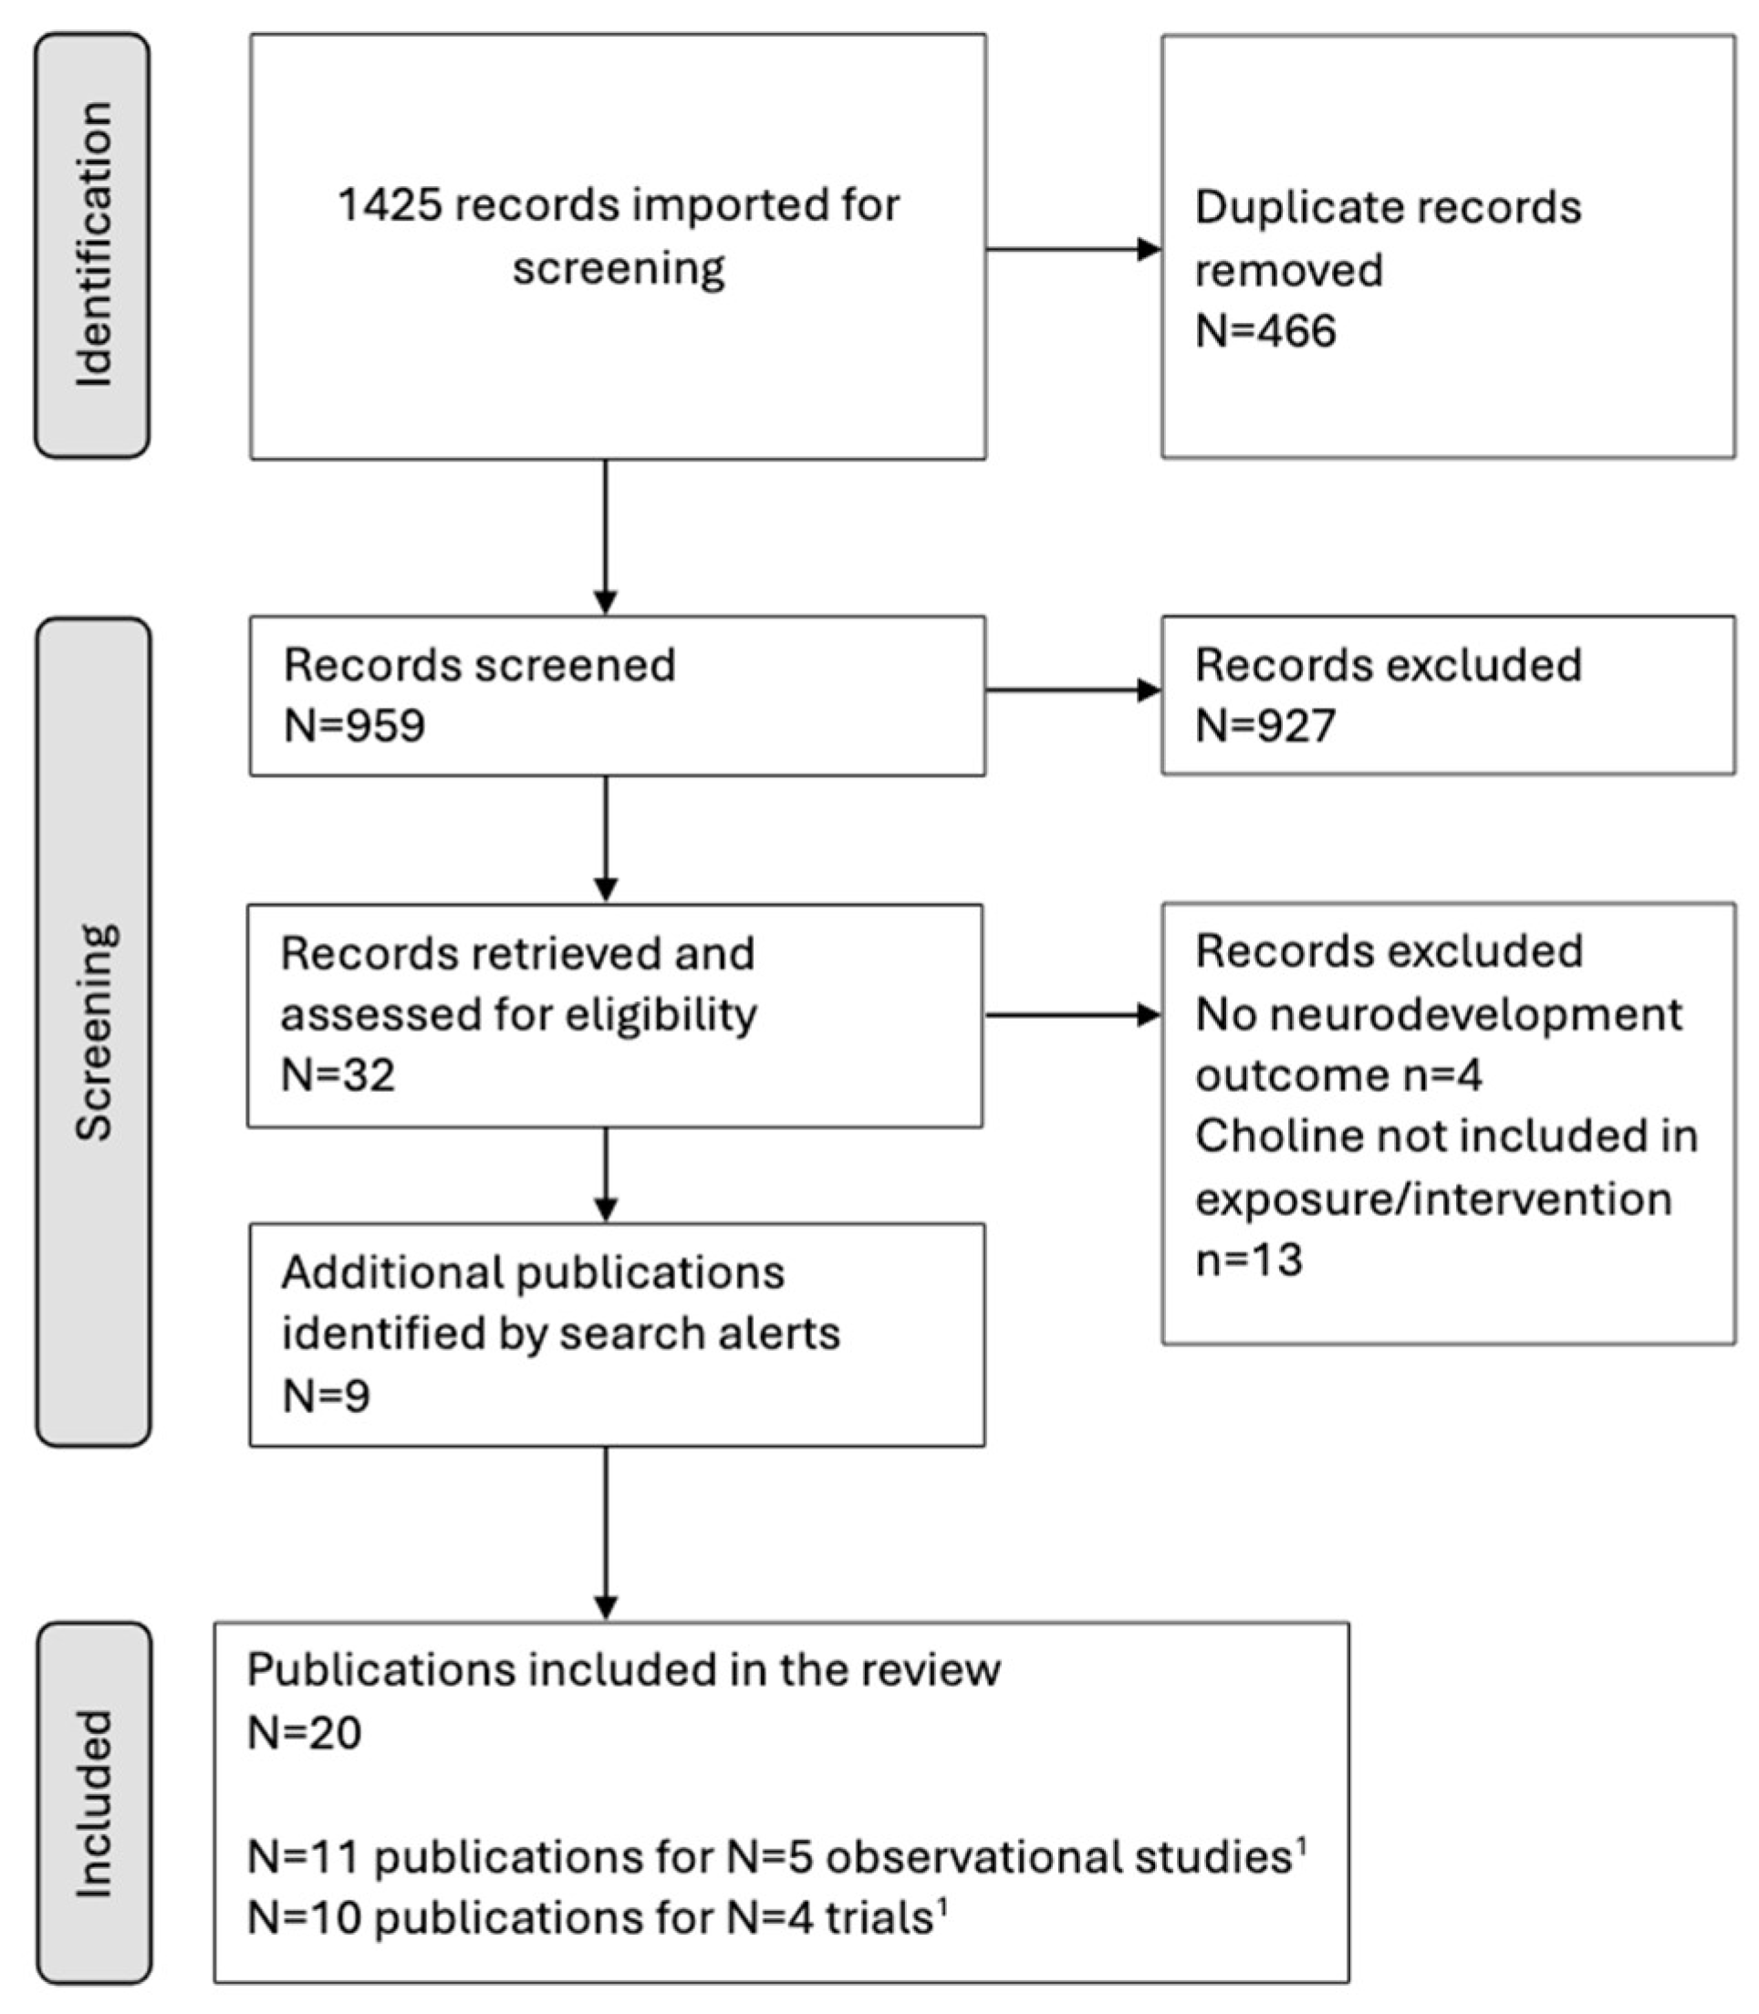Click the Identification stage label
click(x=93, y=244)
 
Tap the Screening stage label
click(x=94, y=1032)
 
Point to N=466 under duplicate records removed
click(x=1265, y=331)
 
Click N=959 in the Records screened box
click(x=354, y=726)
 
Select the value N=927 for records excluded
click(x=1265, y=726)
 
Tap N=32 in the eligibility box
click(x=338, y=1074)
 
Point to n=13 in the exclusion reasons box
click(x=1249, y=1260)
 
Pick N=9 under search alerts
click(x=326, y=1395)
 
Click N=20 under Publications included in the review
click(x=305, y=1732)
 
